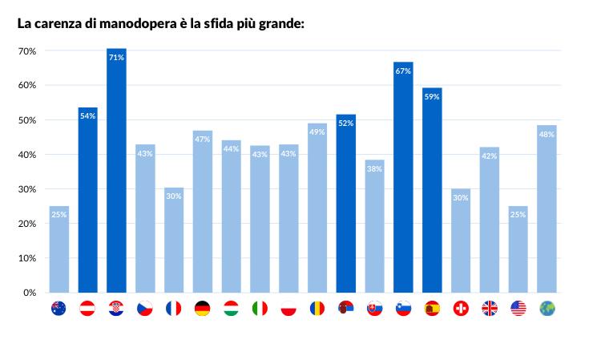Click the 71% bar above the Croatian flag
116,172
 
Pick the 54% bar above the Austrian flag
87,200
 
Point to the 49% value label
317,134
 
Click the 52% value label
346,123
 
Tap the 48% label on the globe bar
547,135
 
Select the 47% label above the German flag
203,140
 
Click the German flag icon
203,308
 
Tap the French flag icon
174,308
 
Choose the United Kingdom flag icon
490,308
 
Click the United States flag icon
518,308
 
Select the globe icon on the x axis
547,308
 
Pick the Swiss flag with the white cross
461,308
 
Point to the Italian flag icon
260,308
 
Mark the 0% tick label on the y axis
29,293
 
